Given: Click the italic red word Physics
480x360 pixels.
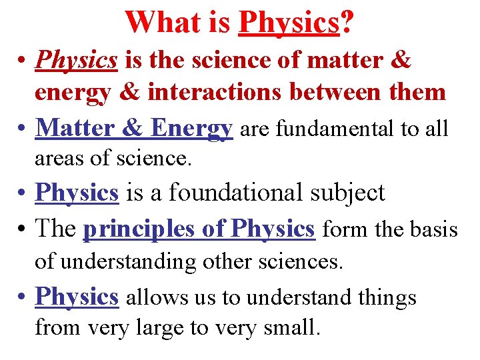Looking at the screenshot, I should (x=77, y=60).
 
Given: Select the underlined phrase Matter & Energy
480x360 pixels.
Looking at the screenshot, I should (x=134, y=127).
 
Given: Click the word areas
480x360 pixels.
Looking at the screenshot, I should (x=55, y=159).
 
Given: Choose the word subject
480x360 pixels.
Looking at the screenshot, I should (x=350, y=193).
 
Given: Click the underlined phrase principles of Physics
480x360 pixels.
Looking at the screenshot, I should (x=199, y=229).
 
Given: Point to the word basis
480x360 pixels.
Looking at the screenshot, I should (x=434, y=229).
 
